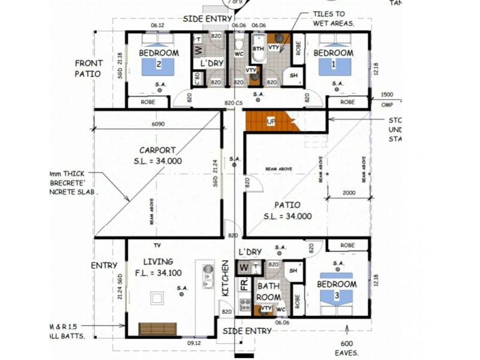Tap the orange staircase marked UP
tap(271, 121)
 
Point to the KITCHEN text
tap(226, 277)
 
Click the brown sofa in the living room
tap(157, 329)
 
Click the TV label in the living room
tap(157, 245)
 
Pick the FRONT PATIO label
tap(89, 68)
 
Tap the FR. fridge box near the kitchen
tap(244, 284)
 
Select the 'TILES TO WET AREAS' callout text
tap(333, 19)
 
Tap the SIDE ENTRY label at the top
tap(208, 19)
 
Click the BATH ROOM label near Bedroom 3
tap(268, 292)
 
